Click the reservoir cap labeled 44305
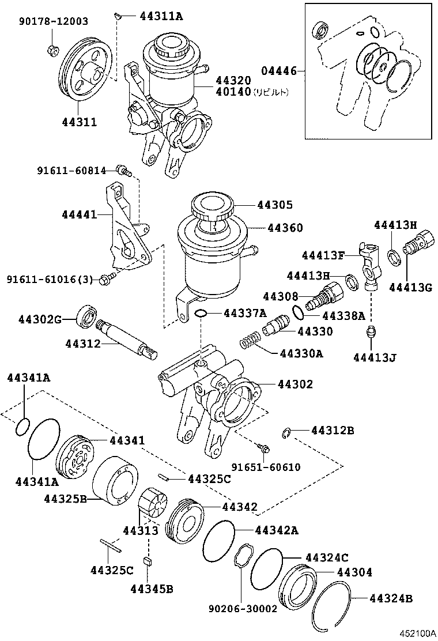coord(212,207)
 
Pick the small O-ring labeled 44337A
coord(201,313)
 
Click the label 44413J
coord(375,357)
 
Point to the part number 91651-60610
coord(266,467)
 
